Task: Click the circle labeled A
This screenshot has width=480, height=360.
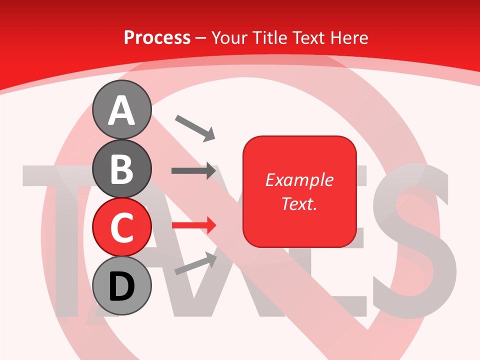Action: tap(121, 110)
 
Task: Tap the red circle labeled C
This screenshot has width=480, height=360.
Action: tap(121, 227)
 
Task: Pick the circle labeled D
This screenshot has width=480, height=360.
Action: tap(121, 285)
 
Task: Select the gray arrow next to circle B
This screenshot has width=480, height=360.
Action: tap(193, 170)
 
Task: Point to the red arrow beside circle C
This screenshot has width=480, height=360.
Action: tap(194, 225)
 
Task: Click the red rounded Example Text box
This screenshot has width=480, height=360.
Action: tap(299, 191)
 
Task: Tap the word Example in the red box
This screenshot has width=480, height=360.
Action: tap(299, 180)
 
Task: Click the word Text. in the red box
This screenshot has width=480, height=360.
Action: tap(299, 203)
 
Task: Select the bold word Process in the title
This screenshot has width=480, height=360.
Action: tap(157, 37)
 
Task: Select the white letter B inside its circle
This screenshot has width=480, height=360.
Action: tap(121, 169)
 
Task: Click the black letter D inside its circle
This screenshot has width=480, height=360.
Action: tap(121, 286)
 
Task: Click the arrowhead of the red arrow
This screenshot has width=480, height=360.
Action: tap(210, 225)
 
